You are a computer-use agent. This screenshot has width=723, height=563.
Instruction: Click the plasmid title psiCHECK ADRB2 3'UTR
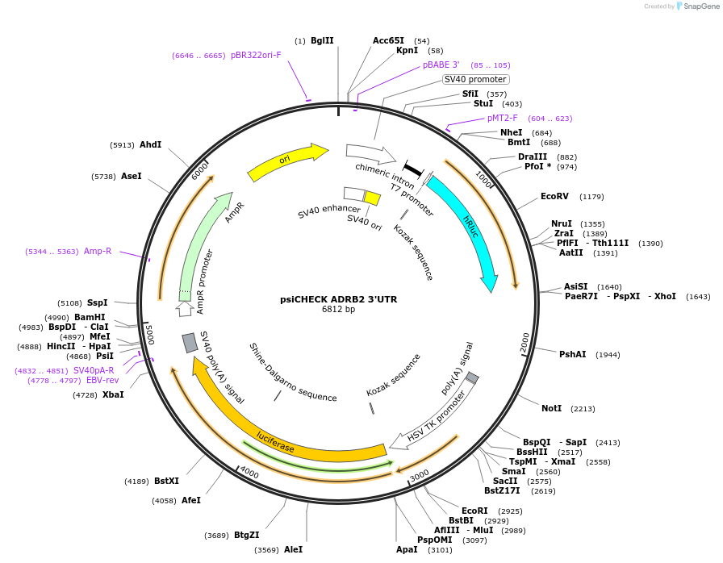(x=338, y=298)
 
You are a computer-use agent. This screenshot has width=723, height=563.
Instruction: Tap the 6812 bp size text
(x=338, y=309)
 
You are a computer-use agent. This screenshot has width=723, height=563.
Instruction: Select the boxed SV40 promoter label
(x=475, y=79)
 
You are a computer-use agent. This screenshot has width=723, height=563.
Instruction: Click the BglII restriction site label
(x=322, y=40)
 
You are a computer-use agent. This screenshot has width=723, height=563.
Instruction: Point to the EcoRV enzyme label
(x=554, y=197)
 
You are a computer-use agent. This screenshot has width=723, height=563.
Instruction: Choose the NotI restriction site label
(x=551, y=409)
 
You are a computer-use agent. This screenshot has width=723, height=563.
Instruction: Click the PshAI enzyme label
(x=572, y=354)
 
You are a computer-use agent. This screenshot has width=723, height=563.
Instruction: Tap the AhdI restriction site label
(x=150, y=145)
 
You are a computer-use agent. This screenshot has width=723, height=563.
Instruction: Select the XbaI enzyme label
(x=113, y=394)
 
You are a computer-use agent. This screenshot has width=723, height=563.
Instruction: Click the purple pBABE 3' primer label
(x=441, y=65)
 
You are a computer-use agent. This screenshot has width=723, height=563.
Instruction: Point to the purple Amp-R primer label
(x=98, y=251)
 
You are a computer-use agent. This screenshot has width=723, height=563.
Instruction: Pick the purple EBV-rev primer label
(x=102, y=380)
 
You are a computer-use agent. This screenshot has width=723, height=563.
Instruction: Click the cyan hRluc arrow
(x=470, y=230)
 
